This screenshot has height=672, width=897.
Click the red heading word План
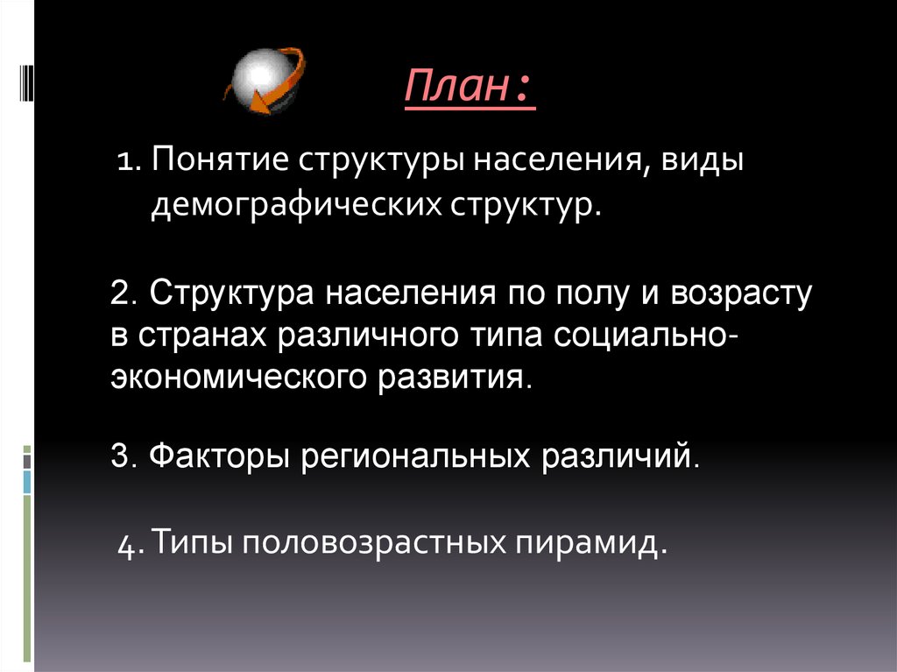pyautogui.click(x=458, y=90)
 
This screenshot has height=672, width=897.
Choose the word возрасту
pyautogui.click(x=743, y=293)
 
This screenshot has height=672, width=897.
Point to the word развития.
pyautogui.click(x=456, y=378)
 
